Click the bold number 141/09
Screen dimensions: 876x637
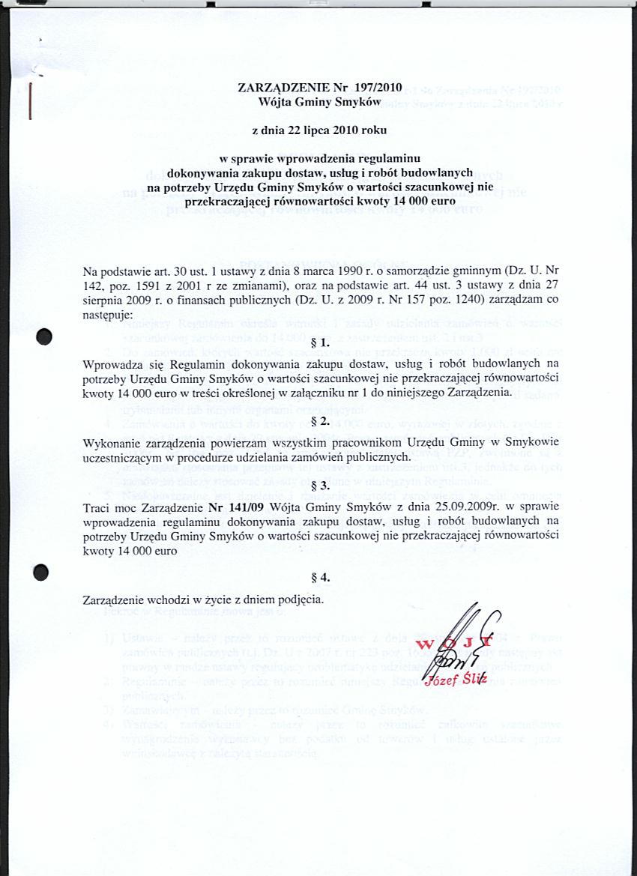(x=229, y=507)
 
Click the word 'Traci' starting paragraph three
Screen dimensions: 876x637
(x=96, y=507)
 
